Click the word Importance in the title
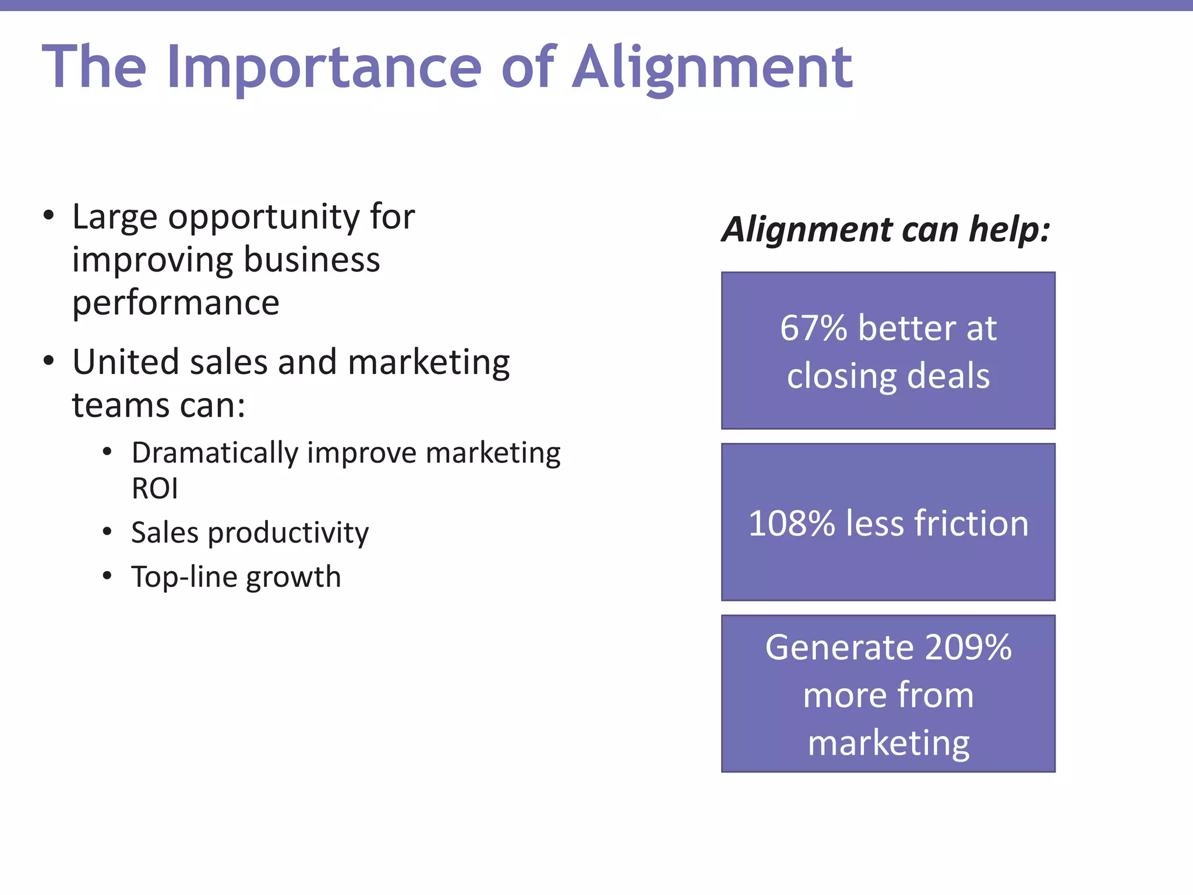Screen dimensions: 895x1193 coord(324,69)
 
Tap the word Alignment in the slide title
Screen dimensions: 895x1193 coord(712,69)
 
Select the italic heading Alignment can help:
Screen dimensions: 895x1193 coord(885,230)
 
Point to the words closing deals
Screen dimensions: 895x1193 coord(888,376)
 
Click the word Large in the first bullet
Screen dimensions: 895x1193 coord(114,218)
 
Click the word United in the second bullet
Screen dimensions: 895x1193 coord(126,362)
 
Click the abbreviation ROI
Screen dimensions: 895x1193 coord(154,489)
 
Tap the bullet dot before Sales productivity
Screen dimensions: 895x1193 coord(107,531)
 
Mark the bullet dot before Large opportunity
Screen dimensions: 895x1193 coord(48,216)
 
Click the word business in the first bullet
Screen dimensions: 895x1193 coord(312,260)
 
